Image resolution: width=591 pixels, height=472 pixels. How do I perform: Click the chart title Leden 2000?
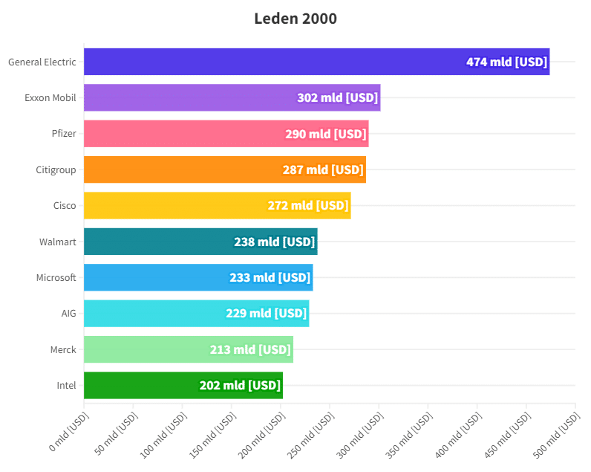click(295, 19)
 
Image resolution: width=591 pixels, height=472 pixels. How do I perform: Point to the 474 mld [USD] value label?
click(506, 62)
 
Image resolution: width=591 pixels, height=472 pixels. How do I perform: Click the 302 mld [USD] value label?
click(337, 97)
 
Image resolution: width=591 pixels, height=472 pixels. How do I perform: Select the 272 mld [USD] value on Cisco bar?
click(308, 205)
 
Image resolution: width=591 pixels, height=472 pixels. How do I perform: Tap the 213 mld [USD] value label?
click(250, 349)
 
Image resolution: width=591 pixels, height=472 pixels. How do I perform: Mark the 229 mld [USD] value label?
click(266, 313)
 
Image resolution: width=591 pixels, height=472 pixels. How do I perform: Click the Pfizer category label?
click(64, 134)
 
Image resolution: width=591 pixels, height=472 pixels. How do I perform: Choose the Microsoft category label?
click(56, 277)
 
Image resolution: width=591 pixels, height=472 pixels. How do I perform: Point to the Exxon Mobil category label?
click(50, 97)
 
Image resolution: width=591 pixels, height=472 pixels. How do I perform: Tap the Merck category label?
click(63, 349)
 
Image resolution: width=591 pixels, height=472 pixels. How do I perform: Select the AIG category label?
click(68, 313)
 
